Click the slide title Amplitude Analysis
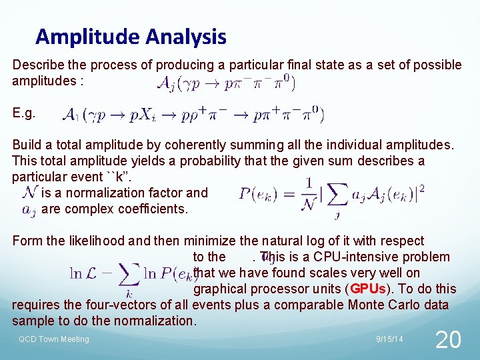[x=131, y=36]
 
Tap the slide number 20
[x=447, y=340]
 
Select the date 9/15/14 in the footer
[x=389, y=339]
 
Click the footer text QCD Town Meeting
[x=53, y=339]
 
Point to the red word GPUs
[x=367, y=289]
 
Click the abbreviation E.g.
[x=24, y=113]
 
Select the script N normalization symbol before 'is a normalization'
[x=29, y=193]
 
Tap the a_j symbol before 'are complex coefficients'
[x=29, y=209]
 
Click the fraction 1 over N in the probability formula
[x=308, y=193]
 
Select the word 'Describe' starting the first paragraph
[x=37, y=65]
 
